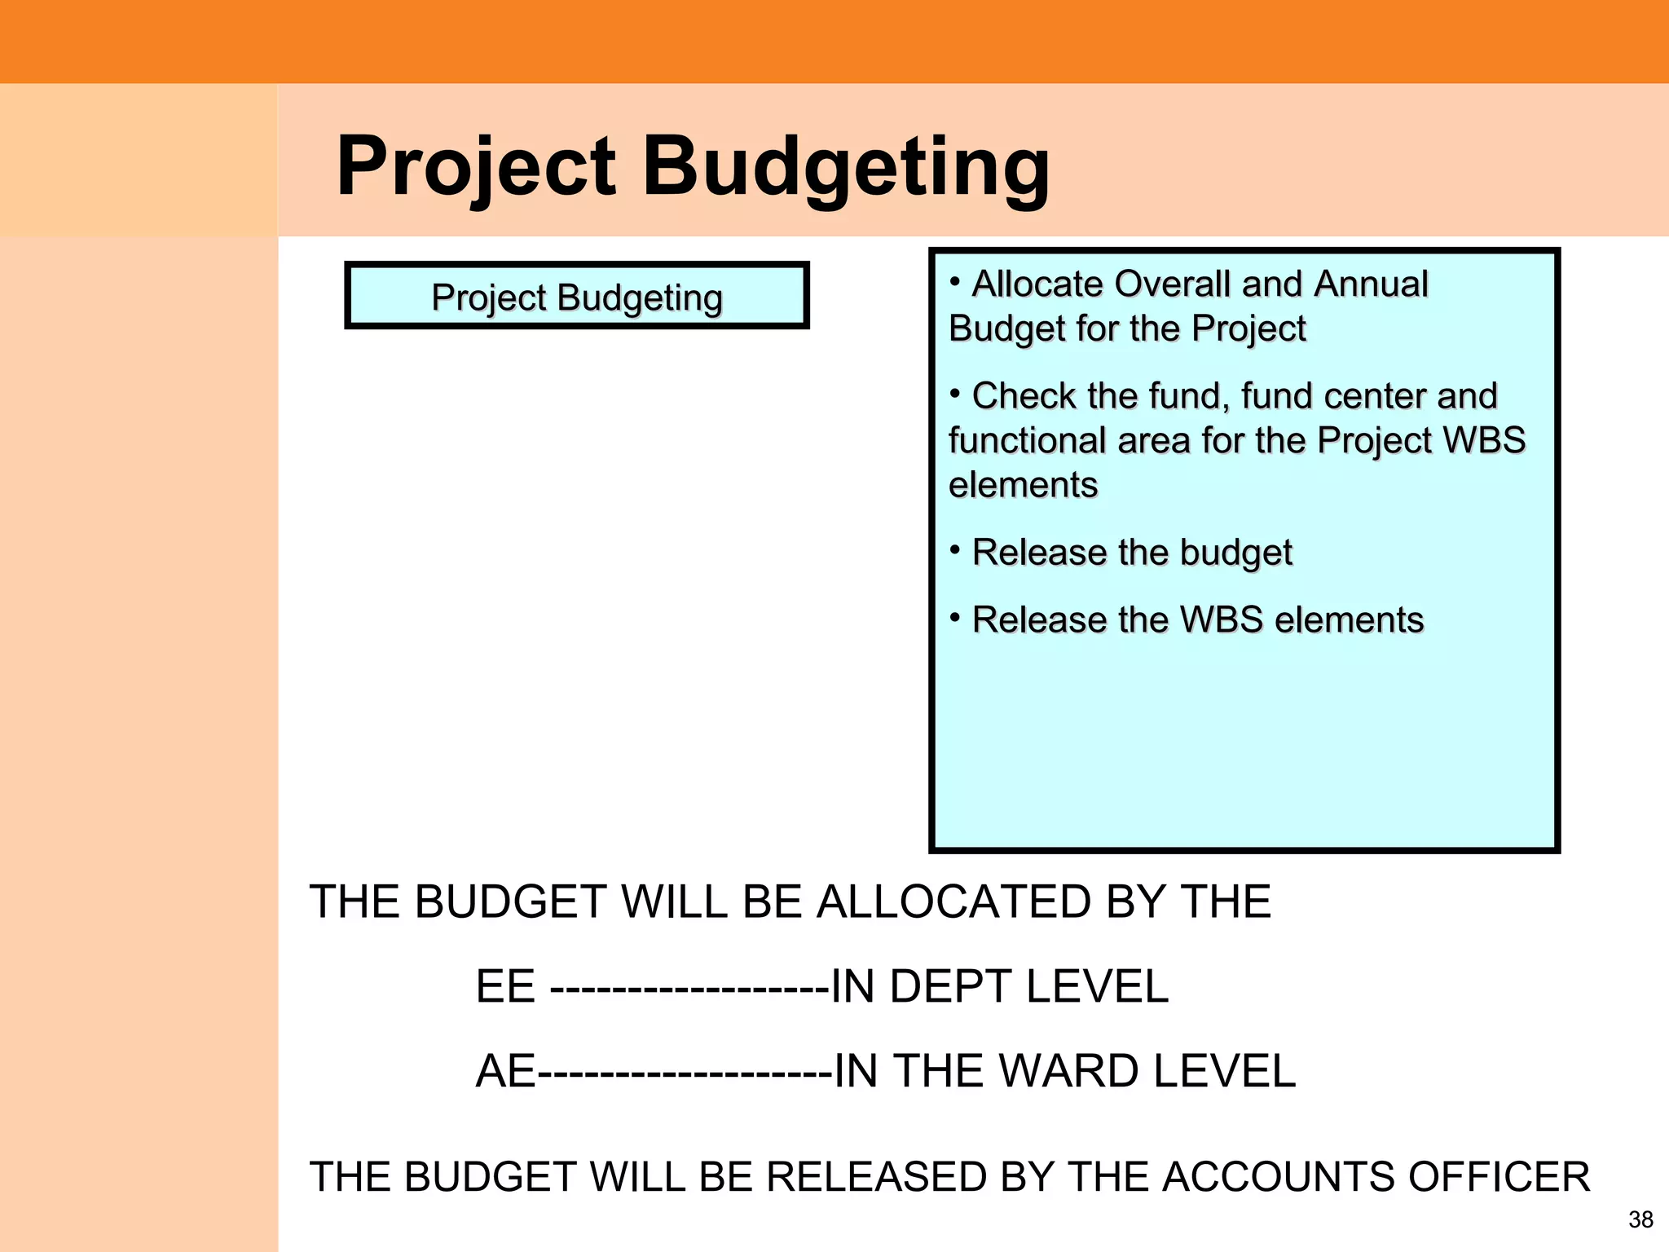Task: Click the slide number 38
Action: pyautogui.click(x=1640, y=1219)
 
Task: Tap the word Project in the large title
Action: pyautogui.click(x=476, y=167)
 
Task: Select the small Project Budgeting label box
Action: pyautogui.click(x=577, y=296)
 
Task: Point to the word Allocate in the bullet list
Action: pyautogui.click(x=1038, y=284)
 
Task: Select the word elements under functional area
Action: pyautogui.click(x=1023, y=486)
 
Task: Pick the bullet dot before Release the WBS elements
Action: pyautogui.click(x=955, y=616)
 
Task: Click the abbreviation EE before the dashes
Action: pyautogui.click(x=505, y=987)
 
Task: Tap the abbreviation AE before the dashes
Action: pyautogui.click(x=505, y=1072)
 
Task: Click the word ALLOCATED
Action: pyautogui.click(x=953, y=902)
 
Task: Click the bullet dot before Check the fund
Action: pyautogui.click(x=955, y=393)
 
